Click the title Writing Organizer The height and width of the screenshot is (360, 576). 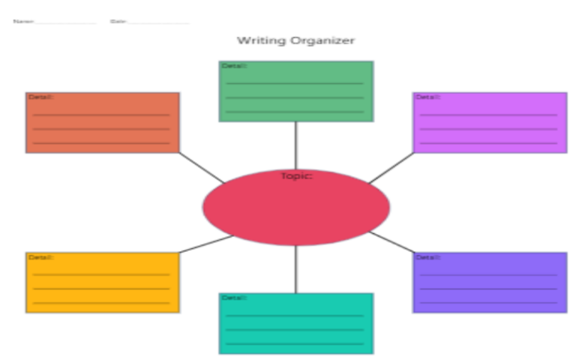[295, 40]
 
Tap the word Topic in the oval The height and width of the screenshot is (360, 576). [296, 176]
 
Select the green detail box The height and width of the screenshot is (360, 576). [295, 91]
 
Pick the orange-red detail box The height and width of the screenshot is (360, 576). [103, 123]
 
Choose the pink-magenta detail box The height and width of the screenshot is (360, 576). [489, 123]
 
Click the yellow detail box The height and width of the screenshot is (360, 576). [103, 283]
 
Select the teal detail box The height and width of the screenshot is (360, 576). [295, 323]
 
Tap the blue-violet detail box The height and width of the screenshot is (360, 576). [489, 283]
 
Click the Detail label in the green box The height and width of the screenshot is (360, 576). [233, 66]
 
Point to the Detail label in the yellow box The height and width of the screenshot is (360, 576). [40, 257]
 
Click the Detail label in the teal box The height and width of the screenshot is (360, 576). [233, 298]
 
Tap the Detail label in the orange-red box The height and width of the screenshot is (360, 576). [40, 97]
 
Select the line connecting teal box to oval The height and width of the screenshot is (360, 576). [295, 268]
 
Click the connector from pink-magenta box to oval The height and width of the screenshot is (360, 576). [391, 167]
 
